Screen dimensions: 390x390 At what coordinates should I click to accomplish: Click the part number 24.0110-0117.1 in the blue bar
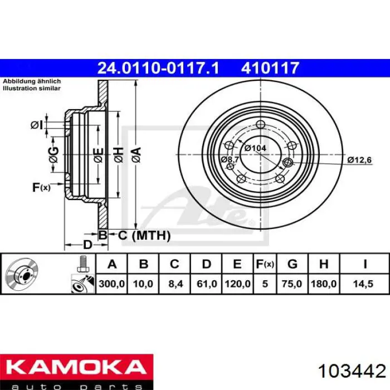(x=158, y=68)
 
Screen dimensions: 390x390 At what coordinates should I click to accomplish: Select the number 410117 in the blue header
(x=270, y=68)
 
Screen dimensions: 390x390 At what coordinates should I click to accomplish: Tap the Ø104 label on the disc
(x=255, y=148)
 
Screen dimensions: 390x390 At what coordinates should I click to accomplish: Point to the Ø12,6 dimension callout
(x=359, y=160)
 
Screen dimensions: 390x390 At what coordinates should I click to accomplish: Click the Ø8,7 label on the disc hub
(x=230, y=159)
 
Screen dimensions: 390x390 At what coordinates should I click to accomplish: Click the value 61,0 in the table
(x=206, y=284)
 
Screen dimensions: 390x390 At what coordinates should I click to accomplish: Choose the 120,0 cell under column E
(x=238, y=284)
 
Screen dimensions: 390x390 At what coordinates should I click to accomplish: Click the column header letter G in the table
(x=293, y=264)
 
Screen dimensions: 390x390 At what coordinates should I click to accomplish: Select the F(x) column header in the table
(x=265, y=264)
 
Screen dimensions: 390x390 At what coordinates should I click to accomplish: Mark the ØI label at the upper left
(x=36, y=125)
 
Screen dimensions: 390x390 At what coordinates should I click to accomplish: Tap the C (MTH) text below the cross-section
(x=144, y=236)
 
